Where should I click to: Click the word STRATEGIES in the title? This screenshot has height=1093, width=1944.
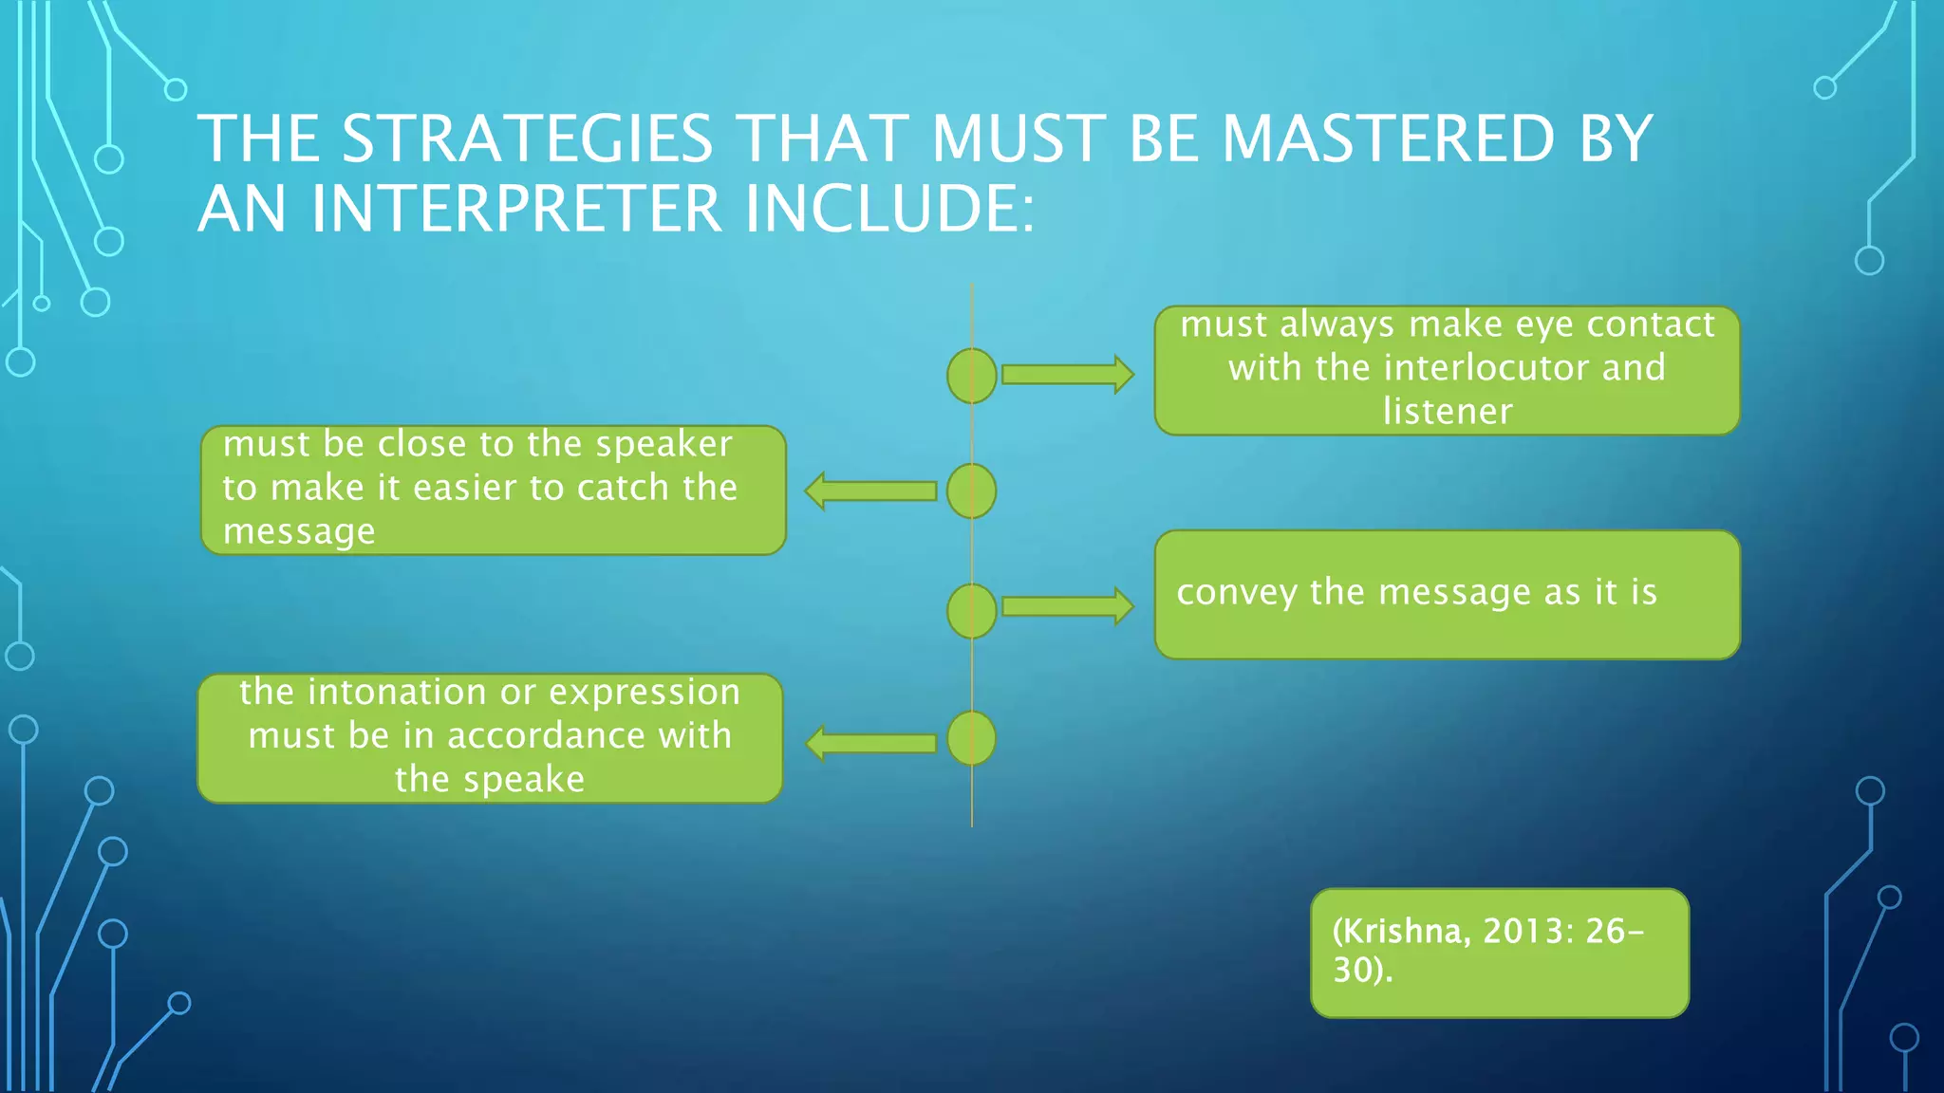[527, 139]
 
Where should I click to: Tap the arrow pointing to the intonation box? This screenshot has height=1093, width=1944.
[871, 743]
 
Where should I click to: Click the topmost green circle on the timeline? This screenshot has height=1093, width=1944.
[972, 376]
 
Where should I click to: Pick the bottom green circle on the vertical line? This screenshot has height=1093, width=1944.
[972, 738]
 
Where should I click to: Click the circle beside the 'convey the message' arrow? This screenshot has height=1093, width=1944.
[972, 610]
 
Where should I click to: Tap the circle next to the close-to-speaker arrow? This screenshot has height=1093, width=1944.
[972, 491]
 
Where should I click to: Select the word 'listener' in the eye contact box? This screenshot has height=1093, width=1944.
[1448, 412]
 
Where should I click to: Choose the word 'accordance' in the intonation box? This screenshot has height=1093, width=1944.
[547, 736]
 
